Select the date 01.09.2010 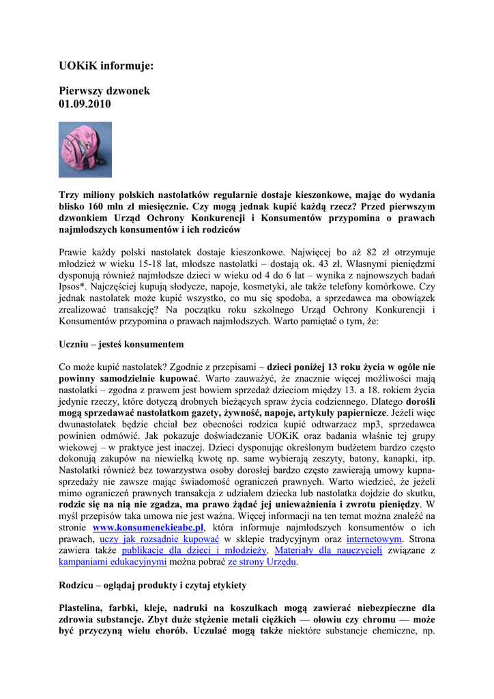[x=85, y=104]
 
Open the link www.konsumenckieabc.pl [x=148, y=528]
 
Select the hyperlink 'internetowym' [x=374, y=539]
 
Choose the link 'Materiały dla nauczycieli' [x=328, y=550]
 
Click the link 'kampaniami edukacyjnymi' [x=113, y=561]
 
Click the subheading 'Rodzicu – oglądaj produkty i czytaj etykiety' [x=153, y=585]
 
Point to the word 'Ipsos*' [x=75, y=287]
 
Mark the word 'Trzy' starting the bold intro [x=70, y=195]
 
